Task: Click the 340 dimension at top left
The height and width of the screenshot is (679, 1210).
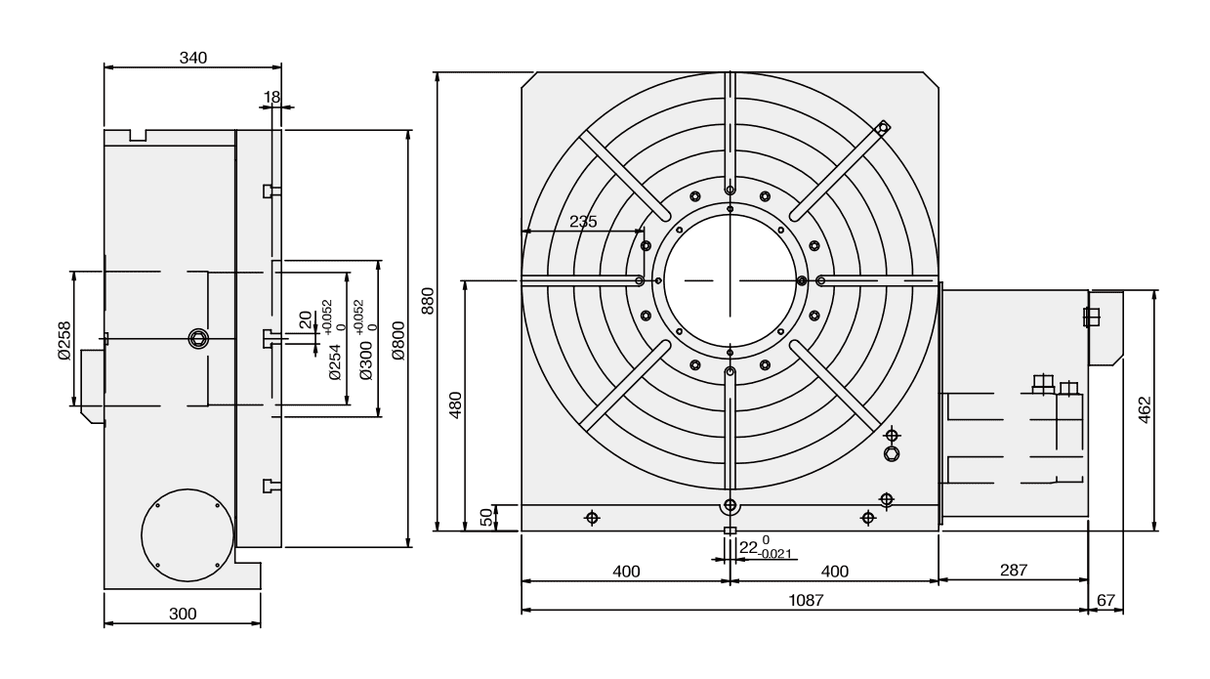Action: coord(192,58)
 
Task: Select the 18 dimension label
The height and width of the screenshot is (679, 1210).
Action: coord(271,97)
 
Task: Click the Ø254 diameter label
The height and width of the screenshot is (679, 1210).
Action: coord(336,362)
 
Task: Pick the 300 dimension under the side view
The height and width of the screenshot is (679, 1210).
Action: coord(183,614)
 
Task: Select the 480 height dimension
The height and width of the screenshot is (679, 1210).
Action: coord(453,404)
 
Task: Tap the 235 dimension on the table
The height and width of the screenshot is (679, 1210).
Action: coord(583,221)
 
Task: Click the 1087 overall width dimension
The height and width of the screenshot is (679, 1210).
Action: coord(805,601)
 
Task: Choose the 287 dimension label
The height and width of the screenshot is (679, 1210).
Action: coord(1013,570)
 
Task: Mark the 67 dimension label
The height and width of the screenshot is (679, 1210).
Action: coord(1106,601)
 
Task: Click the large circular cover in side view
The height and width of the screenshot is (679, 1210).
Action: coord(187,534)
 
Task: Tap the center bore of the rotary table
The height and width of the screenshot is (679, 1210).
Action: coord(729,280)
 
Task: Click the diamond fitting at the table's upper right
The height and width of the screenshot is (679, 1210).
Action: coord(882,126)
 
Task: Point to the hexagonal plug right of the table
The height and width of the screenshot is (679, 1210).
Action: coord(891,453)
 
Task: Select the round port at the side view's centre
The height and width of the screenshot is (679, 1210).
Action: coord(198,339)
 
